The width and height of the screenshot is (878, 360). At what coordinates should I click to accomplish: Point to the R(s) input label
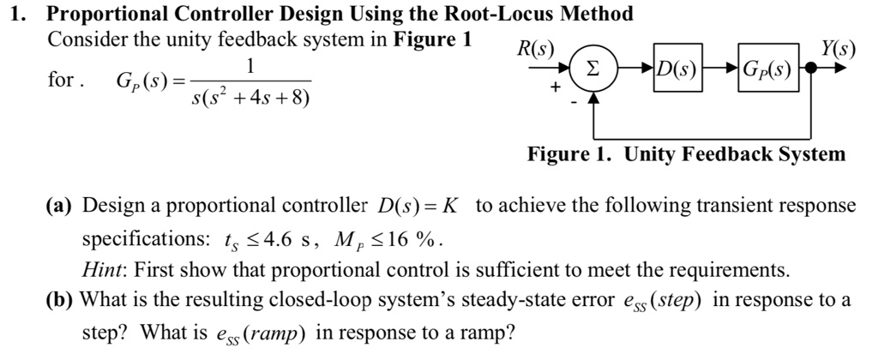[534, 48]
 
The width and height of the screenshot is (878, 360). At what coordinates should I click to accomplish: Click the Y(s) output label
[838, 48]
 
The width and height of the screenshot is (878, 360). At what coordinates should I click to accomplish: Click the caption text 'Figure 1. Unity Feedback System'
[686, 155]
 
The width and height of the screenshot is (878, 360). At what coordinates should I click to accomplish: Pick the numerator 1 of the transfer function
[250, 66]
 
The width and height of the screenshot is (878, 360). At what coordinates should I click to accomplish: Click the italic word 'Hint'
[101, 269]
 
